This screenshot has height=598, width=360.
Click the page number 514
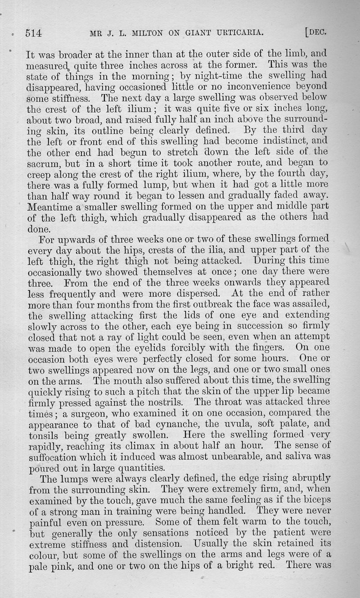coord(34,32)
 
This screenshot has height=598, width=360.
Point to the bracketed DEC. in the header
coord(315,32)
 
